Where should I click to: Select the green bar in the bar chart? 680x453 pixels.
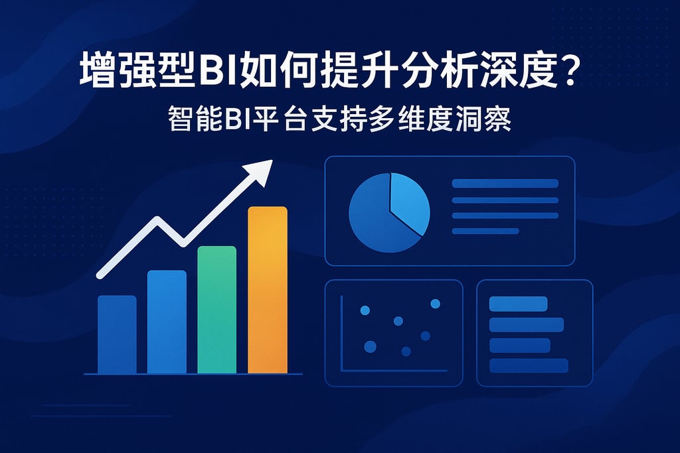(217, 310)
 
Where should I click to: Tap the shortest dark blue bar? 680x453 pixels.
(117, 334)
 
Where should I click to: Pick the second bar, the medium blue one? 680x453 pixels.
(167, 322)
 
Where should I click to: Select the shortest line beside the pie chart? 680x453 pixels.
(485, 231)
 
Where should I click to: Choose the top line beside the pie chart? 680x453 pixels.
(505, 183)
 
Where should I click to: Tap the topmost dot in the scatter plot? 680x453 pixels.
(436, 304)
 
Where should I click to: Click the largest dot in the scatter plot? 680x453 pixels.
(370, 346)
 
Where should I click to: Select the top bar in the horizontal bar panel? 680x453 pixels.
(518, 304)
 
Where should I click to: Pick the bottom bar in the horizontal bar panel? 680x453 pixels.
(529, 365)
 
